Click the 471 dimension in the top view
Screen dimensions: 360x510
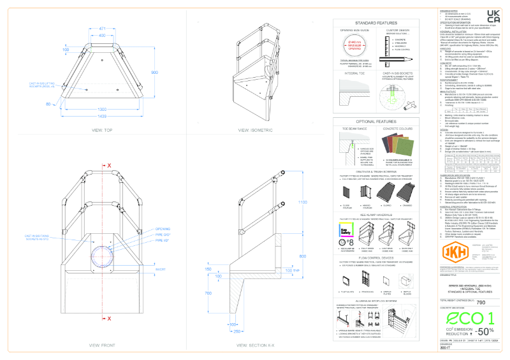tap(103, 29)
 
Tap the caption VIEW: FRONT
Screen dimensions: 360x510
tap(102, 344)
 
